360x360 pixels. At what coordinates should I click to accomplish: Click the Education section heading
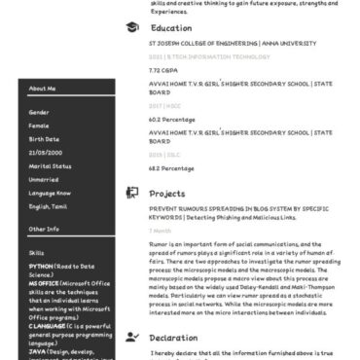click(171, 28)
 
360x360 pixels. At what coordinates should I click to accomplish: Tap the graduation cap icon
click(132, 28)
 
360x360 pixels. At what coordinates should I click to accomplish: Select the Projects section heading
click(167, 193)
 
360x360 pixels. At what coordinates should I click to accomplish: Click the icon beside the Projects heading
click(132, 193)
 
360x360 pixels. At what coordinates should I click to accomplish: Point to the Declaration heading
click(173, 337)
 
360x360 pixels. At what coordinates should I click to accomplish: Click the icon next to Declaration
click(132, 337)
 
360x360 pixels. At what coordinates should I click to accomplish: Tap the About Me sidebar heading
click(43, 89)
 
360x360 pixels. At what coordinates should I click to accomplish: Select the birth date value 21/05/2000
click(45, 152)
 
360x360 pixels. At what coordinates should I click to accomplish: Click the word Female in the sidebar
click(39, 125)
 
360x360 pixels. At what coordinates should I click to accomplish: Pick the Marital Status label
click(49, 165)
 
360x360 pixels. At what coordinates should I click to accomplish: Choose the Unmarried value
click(45, 179)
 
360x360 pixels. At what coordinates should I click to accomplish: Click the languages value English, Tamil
click(48, 206)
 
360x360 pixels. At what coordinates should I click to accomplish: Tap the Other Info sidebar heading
click(44, 229)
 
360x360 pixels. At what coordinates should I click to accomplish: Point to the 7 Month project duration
click(160, 231)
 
